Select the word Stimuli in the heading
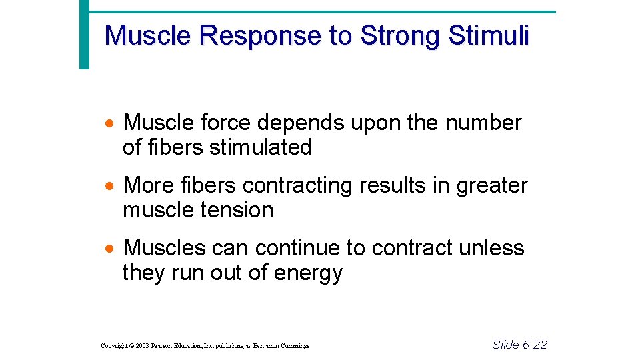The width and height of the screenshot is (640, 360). coord(489,36)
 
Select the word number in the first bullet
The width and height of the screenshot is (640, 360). coord(483,123)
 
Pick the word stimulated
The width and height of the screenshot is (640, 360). coord(261,147)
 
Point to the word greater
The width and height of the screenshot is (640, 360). coord(492,185)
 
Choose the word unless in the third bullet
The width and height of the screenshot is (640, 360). coord(491,248)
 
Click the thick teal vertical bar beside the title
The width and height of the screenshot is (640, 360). coord(84,35)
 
